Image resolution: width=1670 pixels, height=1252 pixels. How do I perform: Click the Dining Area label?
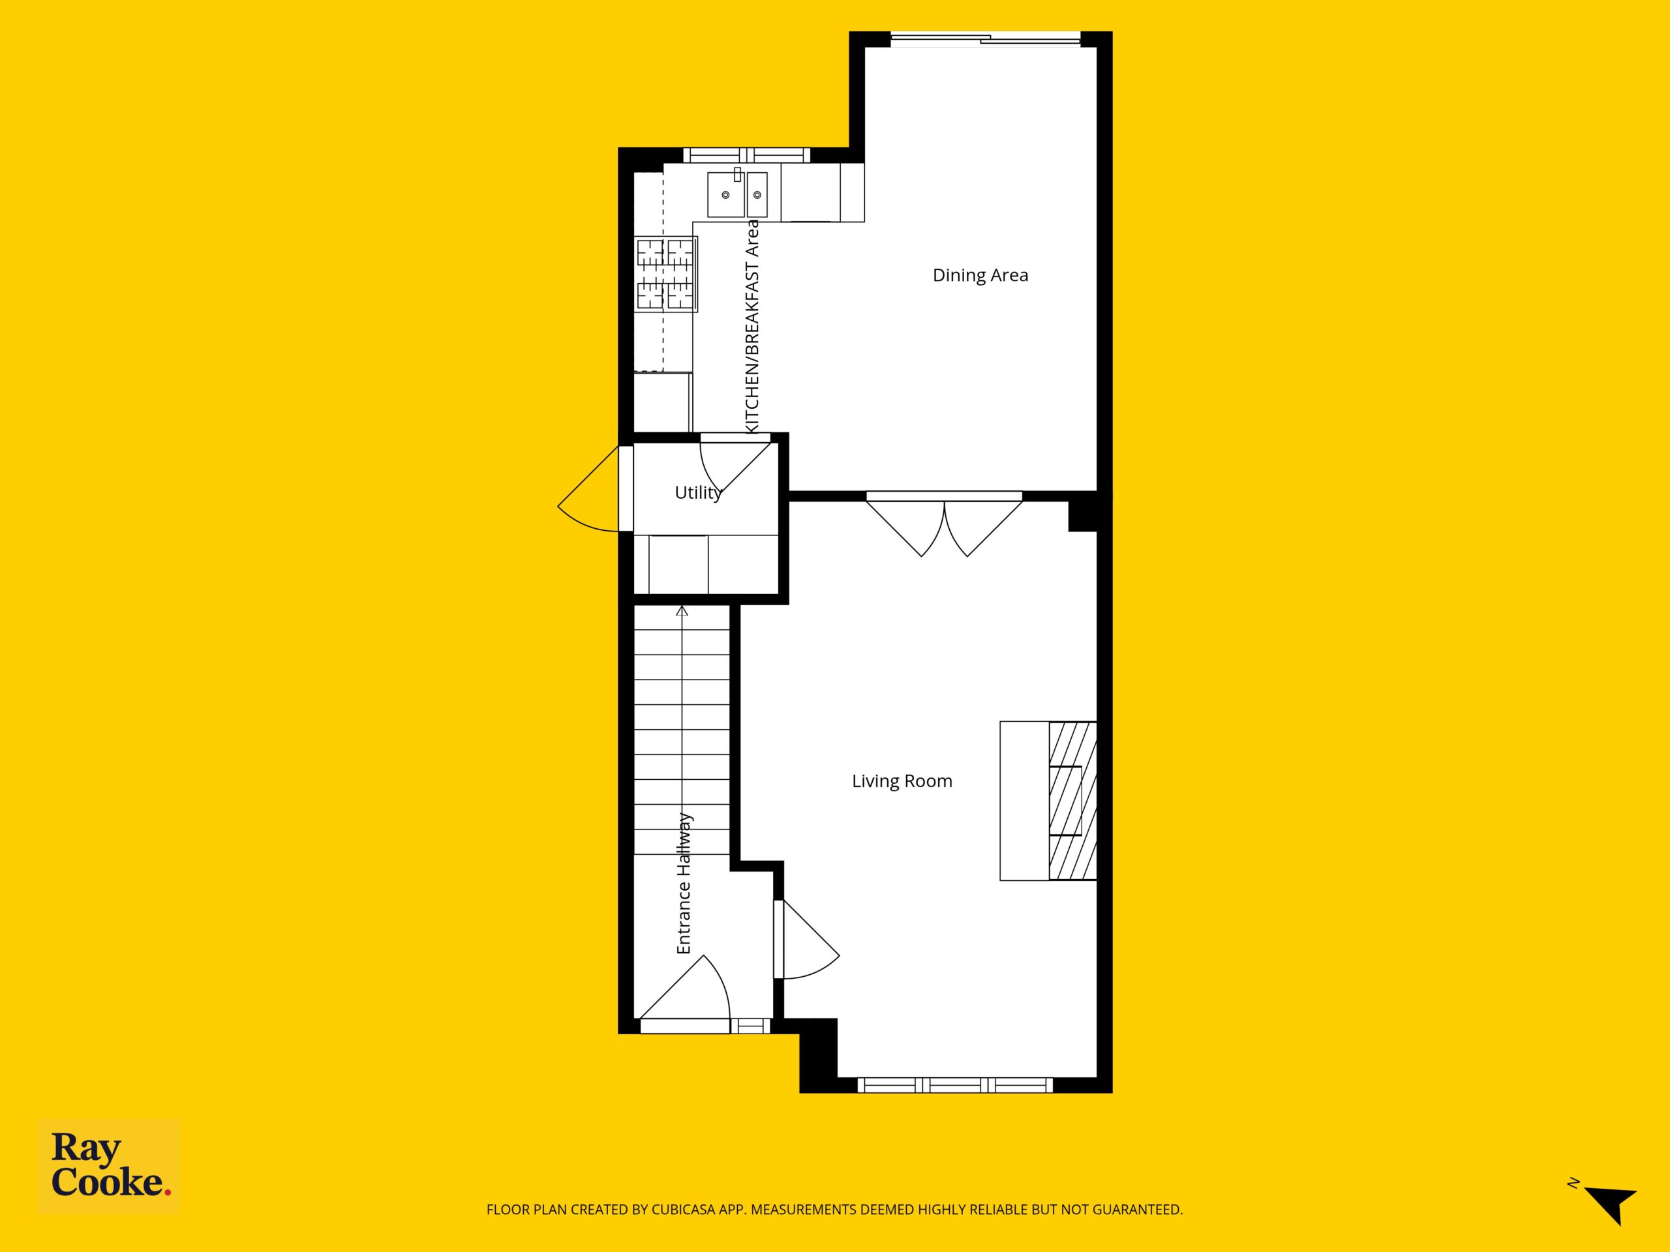[980, 275]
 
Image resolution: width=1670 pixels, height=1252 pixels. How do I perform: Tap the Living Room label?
[902, 781]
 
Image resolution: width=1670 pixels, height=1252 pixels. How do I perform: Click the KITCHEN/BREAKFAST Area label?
[752, 327]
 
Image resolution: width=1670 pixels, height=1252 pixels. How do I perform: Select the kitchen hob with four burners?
[666, 274]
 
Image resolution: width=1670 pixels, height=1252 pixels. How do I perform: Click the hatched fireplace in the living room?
[1072, 801]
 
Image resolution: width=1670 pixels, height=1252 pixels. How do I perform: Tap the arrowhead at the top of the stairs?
[682, 610]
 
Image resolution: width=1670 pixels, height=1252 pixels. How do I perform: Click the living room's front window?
[955, 1085]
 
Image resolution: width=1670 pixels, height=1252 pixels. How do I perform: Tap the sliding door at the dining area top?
[985, 39]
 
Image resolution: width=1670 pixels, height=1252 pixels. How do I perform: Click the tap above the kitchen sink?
[738, 174]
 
